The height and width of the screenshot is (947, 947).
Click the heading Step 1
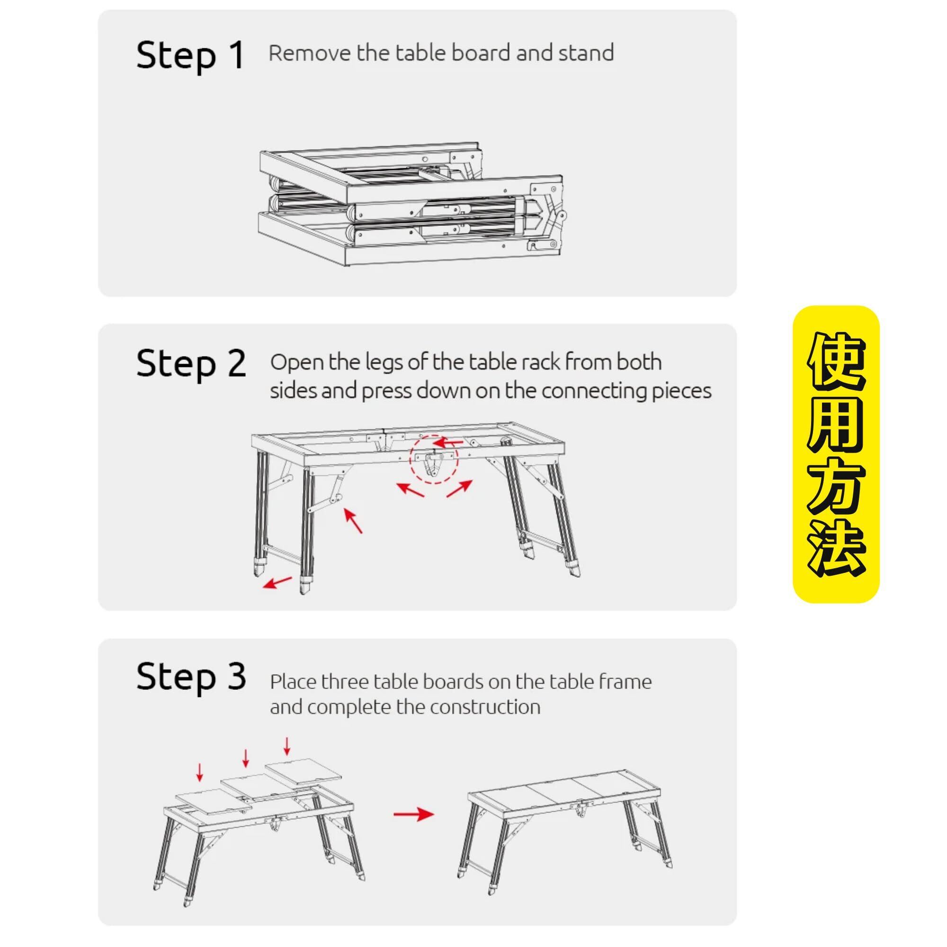(x=190, y=55)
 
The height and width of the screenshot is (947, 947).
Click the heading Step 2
(x=191, y=365)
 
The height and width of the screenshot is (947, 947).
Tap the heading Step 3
(x=191, y=678)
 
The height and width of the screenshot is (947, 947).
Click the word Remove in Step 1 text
(x=310, y=53)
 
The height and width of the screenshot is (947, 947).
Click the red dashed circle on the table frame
(x=434, y=459)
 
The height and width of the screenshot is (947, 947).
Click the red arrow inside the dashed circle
(x=448, y=443)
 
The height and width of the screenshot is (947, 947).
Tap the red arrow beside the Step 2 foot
(x=277, y=582)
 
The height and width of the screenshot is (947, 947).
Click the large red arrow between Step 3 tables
(x=413, y=814)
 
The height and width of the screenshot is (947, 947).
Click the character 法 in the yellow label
(x=836, y=546)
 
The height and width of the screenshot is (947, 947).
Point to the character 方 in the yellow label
(x=836, y=485)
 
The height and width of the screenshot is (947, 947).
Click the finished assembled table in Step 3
(x=563, y=816)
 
